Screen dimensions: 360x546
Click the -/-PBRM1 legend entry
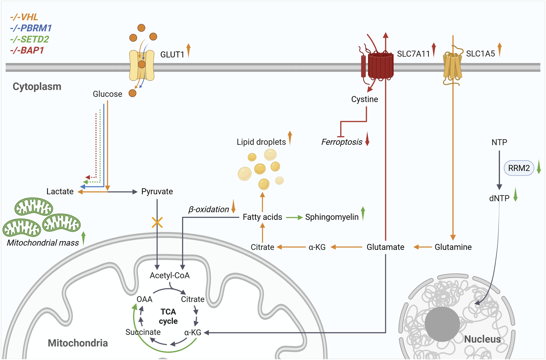(31, 28)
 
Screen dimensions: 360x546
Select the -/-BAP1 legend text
(27, 50)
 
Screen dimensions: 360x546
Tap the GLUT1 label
(172, 55)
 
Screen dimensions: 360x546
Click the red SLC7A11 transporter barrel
(381, 66)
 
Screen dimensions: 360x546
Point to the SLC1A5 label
(480, 54)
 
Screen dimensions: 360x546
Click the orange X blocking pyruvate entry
(157, 222)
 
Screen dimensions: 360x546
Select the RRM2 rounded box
(519, 168)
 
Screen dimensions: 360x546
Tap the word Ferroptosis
(341, 142)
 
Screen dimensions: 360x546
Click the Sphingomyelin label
(332, 217)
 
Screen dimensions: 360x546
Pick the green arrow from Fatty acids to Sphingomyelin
(294, 218)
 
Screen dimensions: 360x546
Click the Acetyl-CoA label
(169, 275)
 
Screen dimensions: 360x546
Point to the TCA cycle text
(168, 317)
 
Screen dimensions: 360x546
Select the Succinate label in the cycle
(143, 332)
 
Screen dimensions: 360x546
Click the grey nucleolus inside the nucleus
(442, 324)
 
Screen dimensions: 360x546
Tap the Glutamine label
(453, 247)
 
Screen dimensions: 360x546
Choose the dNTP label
(499, 198)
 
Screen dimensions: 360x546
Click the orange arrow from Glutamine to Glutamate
(422, 247)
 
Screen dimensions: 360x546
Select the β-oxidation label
(209, 210)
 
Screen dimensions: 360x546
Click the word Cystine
(365, 99)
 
